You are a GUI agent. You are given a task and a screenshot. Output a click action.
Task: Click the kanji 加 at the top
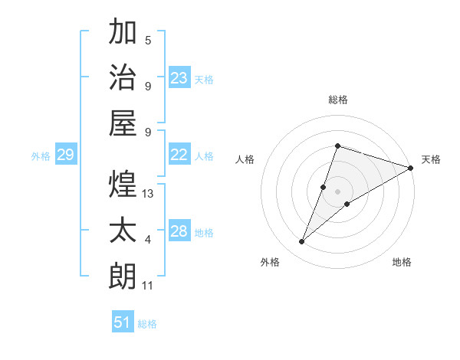(123, 33)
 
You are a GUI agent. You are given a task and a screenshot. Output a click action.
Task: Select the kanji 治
(123, 78)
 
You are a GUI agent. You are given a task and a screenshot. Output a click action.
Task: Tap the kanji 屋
(123, 123)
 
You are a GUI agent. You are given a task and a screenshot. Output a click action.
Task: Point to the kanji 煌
(123, 184)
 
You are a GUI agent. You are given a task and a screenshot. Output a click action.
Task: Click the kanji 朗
(123, 275)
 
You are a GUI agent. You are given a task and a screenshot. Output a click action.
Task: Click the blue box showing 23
(179, 78)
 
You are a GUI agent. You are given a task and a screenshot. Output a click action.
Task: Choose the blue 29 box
(65, 155)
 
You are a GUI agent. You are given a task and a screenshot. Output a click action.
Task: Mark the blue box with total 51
(123, 322)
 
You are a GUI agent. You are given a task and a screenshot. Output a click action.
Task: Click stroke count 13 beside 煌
(148, 194)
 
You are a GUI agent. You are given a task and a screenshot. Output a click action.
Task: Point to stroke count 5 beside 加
(148, 41)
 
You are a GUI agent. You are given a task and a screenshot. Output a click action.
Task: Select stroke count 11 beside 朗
(148, 286)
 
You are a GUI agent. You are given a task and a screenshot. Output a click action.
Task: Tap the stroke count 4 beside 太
(148, 241)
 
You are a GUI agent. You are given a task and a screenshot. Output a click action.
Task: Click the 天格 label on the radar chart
(431, 159)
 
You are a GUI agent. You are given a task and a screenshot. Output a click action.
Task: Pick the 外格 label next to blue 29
(41, 156)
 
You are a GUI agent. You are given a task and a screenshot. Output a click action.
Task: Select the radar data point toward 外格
(302, 242)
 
